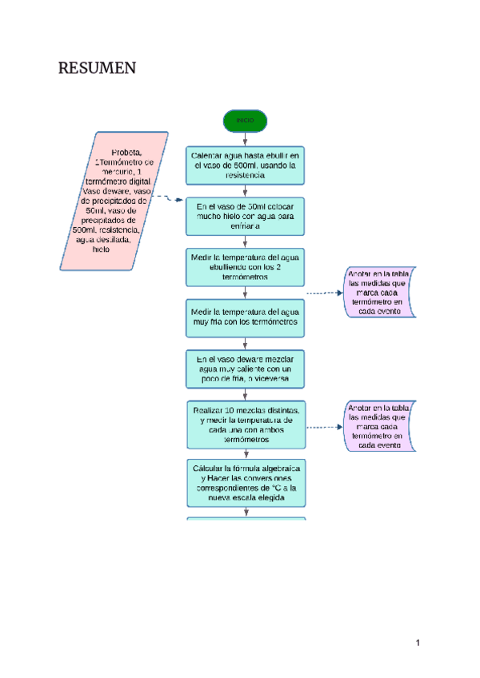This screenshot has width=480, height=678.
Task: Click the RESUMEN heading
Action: [97, 69]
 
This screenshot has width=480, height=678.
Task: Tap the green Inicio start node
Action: [245, 121]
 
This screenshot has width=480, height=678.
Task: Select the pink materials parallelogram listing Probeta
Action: [114, 200]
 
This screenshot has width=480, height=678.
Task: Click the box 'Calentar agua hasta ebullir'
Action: [245, 164]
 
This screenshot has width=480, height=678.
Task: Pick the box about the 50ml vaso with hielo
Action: [245, 216]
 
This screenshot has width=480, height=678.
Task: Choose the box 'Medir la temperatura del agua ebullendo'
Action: [245, 268]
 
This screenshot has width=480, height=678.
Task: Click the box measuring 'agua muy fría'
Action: [245, 317]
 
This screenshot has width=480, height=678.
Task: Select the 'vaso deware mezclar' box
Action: [245, 370]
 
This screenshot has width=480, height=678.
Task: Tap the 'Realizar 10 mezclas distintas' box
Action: [245, 425]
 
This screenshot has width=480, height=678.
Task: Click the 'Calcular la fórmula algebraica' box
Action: [245, 482]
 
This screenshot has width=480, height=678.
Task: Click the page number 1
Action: [417, 642]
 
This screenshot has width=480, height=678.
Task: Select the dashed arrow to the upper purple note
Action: [323, 293]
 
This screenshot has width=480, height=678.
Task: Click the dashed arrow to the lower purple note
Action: [323, 427]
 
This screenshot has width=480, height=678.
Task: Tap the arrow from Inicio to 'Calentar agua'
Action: [245, 138]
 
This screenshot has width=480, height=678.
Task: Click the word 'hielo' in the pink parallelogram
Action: [101, 249]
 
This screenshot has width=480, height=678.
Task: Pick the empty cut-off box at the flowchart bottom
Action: [246, 519]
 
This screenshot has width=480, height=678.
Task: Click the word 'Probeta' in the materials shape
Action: [126, 151]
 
